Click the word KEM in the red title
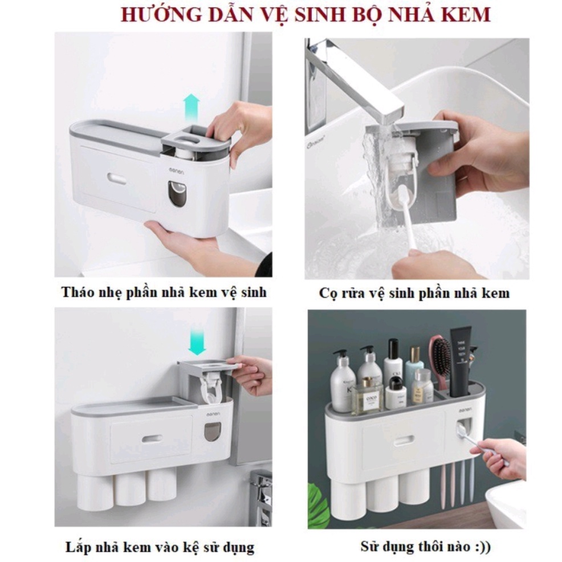click(469, 14)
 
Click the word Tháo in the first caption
click(75, 292)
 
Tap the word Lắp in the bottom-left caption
click(76, 547)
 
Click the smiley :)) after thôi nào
click(482, 547)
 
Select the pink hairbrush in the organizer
click(441, 362)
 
